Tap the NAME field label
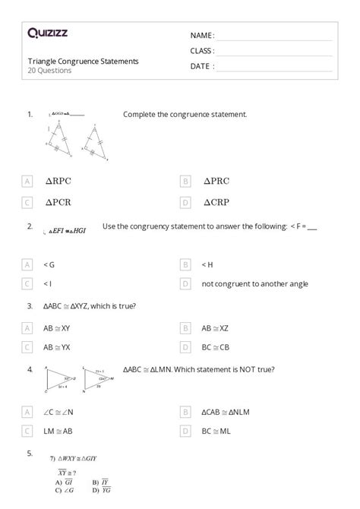202,36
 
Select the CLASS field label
202,51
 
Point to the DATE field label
201,66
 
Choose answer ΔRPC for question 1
64,182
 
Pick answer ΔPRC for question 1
216,182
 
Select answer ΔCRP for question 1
216,203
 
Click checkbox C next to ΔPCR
27,203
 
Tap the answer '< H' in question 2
207,264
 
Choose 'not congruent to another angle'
254,283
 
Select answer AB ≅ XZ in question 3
215,328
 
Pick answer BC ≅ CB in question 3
215,346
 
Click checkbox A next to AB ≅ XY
27,328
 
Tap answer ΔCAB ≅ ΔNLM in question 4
226,411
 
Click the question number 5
30,453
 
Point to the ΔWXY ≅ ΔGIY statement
77,459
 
